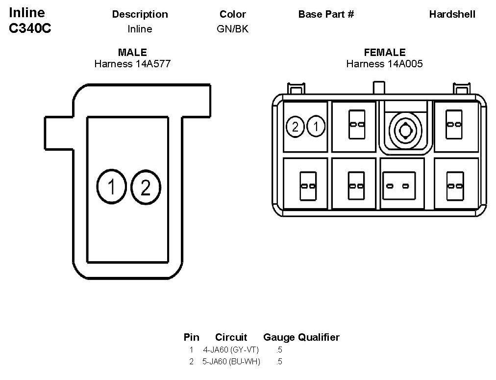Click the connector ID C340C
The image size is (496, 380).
pyautogui.click(x=30, y=28)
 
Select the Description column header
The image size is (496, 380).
pyautogui.click(x=140, y=14)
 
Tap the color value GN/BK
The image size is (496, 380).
pyautogui.click(x=232, y=29)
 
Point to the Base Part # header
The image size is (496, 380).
pyautogui.click(x=326, y=14)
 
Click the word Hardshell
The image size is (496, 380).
pyautogui.click(x=452, y=14)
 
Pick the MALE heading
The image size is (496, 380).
pyautogui.click(x=132, y=53)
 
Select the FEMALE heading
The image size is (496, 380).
pyautogui.click(x=385, y=53)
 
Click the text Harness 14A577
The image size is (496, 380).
pyautogui.click(x=132, y=64)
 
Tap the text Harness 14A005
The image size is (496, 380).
pyautogui.click(x=385, y=64)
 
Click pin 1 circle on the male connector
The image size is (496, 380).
pyautogui.click(x=112, y=187)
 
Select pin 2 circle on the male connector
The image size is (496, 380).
pyautogui.click(x=146, y=187)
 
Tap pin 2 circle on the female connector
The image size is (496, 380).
pyautogui.click(x=295, y=127)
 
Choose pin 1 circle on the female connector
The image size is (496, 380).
pyautogui.click(x=316, y=127)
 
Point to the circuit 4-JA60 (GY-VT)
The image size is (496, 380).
pyautogui.click(x=231, y=350)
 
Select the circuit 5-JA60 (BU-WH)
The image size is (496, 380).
pyautogui.click(x=231, y=362)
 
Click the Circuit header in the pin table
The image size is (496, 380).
pyautogui.click(x=231, y=337)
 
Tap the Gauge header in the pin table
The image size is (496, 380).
pyautogui.click(x=279, y=337)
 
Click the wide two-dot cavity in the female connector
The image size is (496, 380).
pyautogui.click(x=398, y=186)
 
